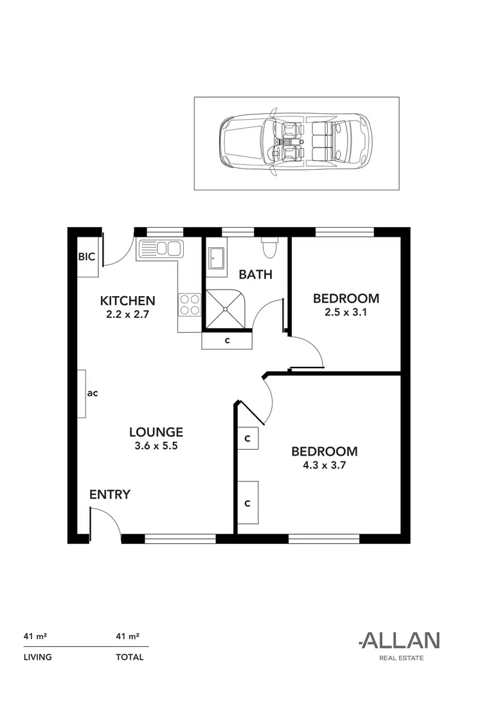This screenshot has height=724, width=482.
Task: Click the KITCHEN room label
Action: [x=127, y=301]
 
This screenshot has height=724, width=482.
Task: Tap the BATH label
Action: [x=256, y=275]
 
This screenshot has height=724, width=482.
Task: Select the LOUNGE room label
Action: [x=156, y=432]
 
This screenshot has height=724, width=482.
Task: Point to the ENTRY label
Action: [x=110, y=495]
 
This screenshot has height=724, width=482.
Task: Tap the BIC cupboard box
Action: [x=87, y=257]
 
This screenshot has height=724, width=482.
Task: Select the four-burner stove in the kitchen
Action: [x=190, y=304]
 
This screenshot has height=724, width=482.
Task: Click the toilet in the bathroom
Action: [x=269, y=245]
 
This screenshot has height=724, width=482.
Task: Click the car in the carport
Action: [x=296, y=143]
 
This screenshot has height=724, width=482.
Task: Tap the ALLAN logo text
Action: [x=399, y=640]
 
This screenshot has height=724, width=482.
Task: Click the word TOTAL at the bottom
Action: [x=130, y=657]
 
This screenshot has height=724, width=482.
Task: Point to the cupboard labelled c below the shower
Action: [x=228, y=340]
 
